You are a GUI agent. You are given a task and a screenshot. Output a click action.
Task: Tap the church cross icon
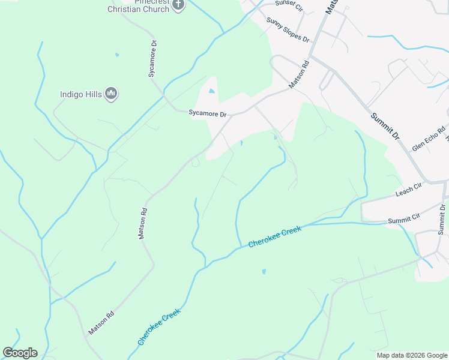pyautogui.click(x=178, y=5)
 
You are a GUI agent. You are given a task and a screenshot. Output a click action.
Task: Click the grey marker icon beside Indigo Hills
pyautogui.click(x=110, y=94)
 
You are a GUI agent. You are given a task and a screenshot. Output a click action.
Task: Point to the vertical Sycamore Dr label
pyautogui.click(x=152, y=59)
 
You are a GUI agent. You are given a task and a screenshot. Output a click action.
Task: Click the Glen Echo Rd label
pyautogui.click(x=429, y=139)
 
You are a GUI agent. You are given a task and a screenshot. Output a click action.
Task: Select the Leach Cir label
pyautogui.click(x=409, y=193)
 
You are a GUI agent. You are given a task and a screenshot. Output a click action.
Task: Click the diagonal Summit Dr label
pyautogui.click(x=384, y=126)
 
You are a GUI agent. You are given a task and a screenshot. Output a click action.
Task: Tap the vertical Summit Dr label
pyautogui.click(x=442, y=218)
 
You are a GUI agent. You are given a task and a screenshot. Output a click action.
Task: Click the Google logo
pyautogui.click(x=20, y=353)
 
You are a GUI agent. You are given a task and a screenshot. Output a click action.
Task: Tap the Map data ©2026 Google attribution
pyautogui.click(x=412, y=355)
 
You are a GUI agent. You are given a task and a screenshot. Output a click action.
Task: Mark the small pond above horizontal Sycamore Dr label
pyautogui.click(x=211, y=92)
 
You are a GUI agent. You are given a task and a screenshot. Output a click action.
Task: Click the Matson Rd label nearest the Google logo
pyautogui.click(x=101, y=322)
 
